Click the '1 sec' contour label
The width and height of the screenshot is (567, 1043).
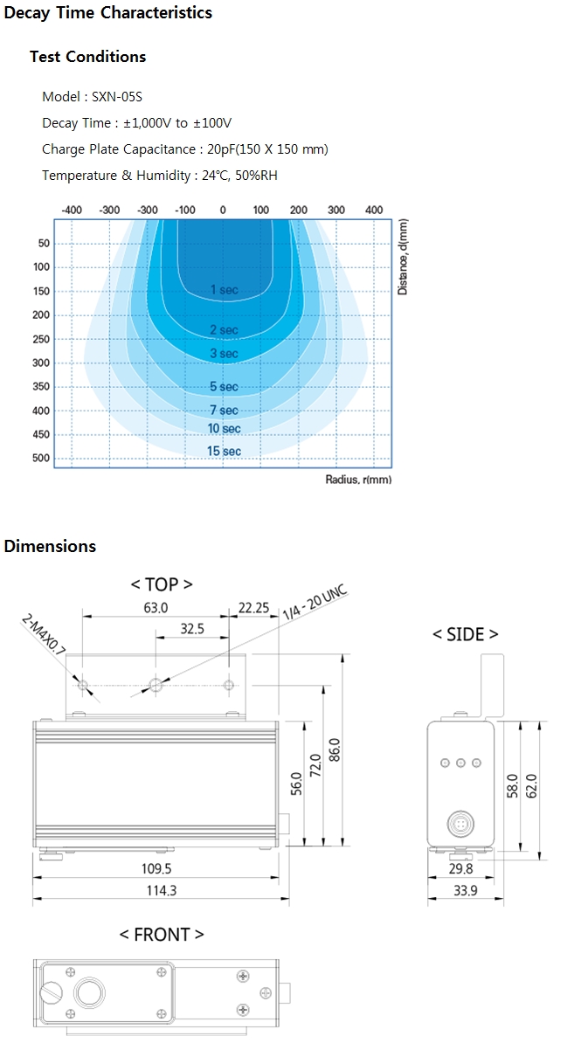[x=224, y=289]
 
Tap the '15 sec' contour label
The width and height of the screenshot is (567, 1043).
[x=224, y=451]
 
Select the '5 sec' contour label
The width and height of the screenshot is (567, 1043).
[x=224, y=386]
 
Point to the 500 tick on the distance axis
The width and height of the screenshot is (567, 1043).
[x=41, y=459]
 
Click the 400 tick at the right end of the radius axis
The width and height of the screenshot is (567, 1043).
[x=374, y=211]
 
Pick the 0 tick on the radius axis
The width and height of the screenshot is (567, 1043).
[x=223, y=211]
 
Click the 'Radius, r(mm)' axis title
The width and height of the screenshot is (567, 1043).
[x=358, y=479]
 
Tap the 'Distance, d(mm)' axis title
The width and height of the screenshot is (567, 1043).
[x=403, y=257]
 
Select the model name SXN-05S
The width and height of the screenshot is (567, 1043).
[x=117, y=96]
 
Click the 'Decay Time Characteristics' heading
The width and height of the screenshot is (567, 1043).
[x=107, y=12]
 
